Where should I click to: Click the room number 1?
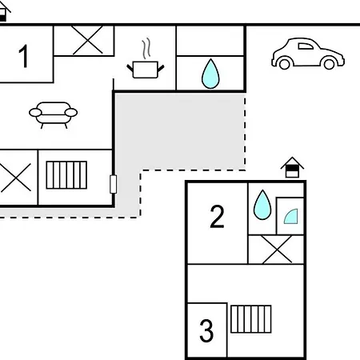pyautogui.click(x=24, y=56)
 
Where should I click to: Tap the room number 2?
pyautogui.click(x=217, y=216)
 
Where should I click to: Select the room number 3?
pyautogui.click(x=206, y=330)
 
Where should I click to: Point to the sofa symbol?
pyautogui.click(x=54, y=115)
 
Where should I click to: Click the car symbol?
pyautogui.click(x=308, y=54)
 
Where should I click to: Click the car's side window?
pyautogui.click(x=306, y=46)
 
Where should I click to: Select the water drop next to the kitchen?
pyautogui.click(x=210, y=74)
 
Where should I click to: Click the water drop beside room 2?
pyautogui.click(x=262, y=205)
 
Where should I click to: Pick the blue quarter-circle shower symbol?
pyautogui.click(x=291, y=217)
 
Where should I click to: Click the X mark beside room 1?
pyautogui.click(x=88, y=40)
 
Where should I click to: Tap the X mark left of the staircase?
pyautogui.click(x=15, y=178)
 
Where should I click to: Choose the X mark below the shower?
pyautogui.click(x=277, y=250)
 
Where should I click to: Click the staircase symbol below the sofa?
pyautogui.click(x=66, y=175)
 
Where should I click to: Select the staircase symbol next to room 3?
pyautogui.click(x=251, y=319)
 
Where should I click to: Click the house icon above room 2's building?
pyautogui.click(x=292, y=167)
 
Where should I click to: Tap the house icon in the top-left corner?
pyautogui.click(x=4, y=10)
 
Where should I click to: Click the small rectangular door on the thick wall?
pyautogui.click(x=114, y=184)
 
